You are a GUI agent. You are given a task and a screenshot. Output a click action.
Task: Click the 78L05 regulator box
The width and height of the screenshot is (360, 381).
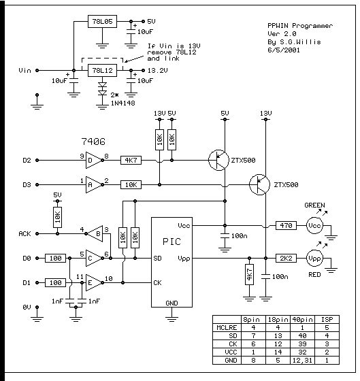point(102,21)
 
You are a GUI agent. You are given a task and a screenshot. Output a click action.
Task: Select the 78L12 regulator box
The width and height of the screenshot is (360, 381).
point(102,71)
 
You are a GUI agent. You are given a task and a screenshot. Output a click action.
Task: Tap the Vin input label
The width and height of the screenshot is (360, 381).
point(24,71)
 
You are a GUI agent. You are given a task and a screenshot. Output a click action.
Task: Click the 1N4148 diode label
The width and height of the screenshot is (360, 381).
point(122,103)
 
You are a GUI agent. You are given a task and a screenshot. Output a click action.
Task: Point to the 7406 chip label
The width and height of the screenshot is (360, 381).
point(93,142)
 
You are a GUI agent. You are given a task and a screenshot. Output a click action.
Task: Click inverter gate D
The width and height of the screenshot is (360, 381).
point(94,161)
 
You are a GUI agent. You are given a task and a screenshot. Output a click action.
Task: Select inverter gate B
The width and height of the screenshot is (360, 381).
point(95,234)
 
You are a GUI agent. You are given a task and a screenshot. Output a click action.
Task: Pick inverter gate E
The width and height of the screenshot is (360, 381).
point(94,282)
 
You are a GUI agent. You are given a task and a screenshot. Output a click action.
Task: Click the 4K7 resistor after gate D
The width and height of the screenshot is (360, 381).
point(131,161)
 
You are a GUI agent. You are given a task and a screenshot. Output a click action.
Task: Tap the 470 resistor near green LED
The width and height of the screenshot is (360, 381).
point(286,225)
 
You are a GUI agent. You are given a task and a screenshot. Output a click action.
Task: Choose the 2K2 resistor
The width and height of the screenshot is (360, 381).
point(286,258)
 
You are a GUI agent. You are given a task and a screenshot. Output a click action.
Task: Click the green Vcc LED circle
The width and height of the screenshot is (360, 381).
point(314,225)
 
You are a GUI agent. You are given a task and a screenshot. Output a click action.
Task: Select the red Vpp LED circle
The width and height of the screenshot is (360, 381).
point(314,258)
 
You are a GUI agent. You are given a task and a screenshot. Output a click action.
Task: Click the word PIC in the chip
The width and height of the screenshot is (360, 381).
point(171,242)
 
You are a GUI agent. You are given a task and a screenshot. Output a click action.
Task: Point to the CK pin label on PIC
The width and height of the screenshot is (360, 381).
point(157,282)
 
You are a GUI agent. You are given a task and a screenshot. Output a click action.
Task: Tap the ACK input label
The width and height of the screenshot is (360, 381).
point(24,234)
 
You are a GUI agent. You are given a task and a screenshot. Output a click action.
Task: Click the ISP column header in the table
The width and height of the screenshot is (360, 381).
point(327,320)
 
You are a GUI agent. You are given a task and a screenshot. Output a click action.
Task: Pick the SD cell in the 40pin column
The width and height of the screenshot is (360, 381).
point(302,336)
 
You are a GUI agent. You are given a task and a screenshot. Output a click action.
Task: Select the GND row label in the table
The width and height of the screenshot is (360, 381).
point(231,360)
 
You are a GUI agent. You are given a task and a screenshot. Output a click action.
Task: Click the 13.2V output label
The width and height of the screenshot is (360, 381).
point(157,71)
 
